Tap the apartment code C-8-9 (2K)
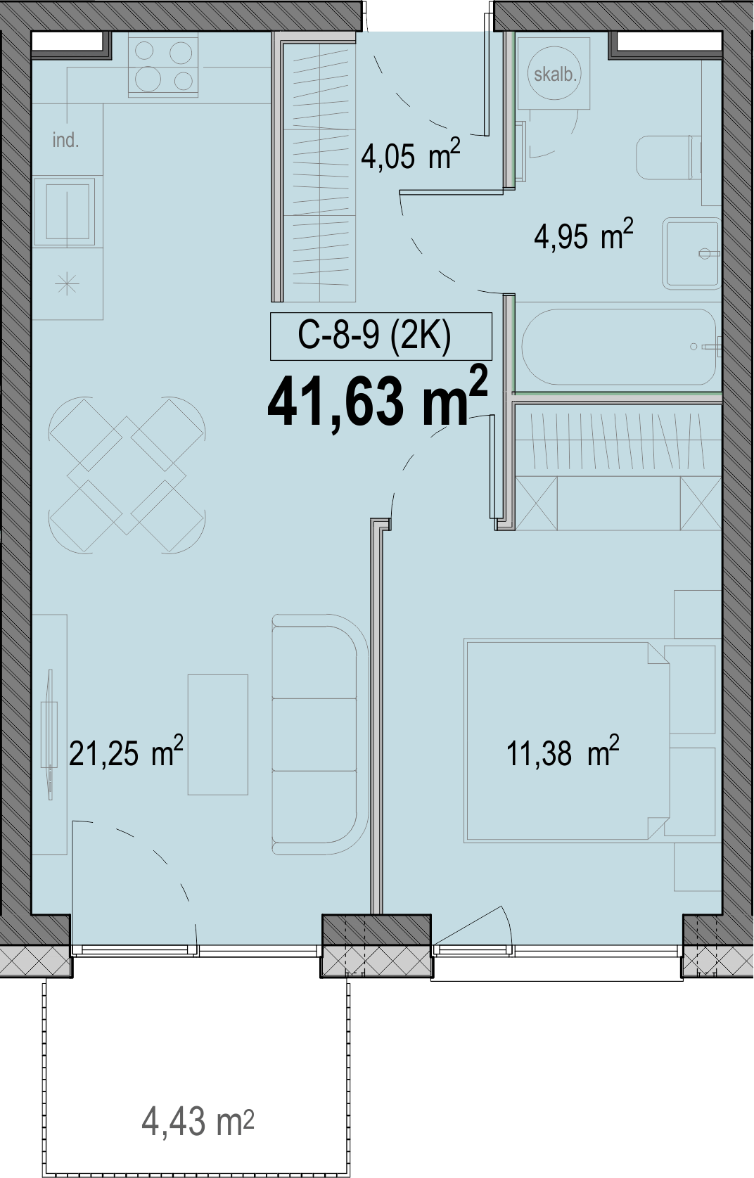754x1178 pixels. (374, 336)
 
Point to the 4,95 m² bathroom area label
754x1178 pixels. (583, 234)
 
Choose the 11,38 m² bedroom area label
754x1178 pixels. (563, 751)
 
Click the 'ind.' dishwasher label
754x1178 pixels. (65, 141)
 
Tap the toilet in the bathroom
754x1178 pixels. (669, 158)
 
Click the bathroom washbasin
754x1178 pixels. (691, 253)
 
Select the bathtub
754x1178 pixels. (619, 347)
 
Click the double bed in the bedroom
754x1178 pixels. (567, 741)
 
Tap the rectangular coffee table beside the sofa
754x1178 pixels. (217, 735)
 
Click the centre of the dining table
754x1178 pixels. (127, 474)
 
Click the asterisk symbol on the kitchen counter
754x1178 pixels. (68, 285)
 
